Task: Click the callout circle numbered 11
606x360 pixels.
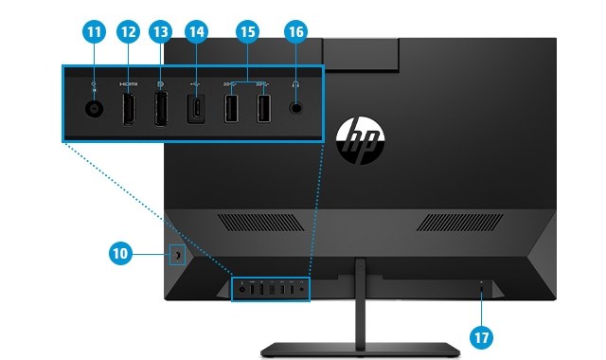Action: (x=94, y=32)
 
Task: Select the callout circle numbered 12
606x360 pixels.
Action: (x=129, y=32)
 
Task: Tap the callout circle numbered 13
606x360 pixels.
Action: (x=161, y=32)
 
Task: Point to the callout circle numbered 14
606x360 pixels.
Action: (x=196, y=32)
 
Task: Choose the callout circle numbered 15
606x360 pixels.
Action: (x=248, y=32)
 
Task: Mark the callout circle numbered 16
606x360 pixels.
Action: (x=296, y=32)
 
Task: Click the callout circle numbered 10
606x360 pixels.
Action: (x=119, y=254)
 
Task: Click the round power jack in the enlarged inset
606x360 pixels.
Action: (x=95, y=109)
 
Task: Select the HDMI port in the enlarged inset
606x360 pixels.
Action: (x=129, y=110)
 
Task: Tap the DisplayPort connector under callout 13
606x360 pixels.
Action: (x=161, y=110)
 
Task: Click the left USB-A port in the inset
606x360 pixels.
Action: (x=231, y=110)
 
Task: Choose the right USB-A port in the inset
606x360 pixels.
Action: (x=263, y=110)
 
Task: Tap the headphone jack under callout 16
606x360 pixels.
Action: (x=297, y=109)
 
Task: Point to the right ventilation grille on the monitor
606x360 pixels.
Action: (x=462, y=223)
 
